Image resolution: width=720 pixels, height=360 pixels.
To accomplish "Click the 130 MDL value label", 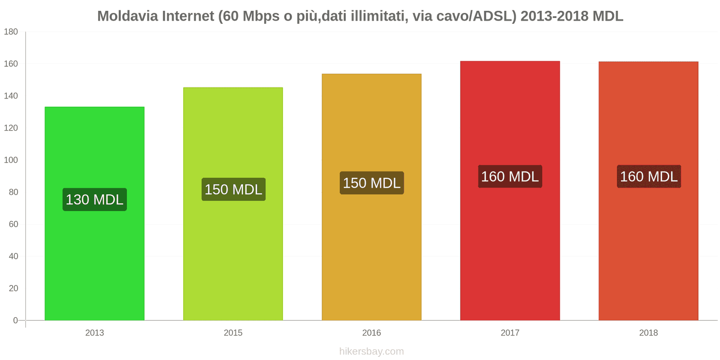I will (x=94, y=199).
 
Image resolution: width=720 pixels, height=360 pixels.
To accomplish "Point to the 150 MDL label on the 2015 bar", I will (x=234, y=189).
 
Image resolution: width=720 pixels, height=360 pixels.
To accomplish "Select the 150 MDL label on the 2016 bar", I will (x=372, y=183).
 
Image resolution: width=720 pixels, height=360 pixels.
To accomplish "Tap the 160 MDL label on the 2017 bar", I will (x=510, y=176).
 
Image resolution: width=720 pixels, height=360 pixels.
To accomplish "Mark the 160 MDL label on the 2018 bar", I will (x=648, y=176).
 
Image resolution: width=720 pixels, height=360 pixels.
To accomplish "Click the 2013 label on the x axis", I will (x=94, y=333).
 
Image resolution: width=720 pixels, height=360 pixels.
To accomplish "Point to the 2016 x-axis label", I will (x=372, y=333).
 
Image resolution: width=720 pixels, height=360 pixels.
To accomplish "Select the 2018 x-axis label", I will (x=648, y=333).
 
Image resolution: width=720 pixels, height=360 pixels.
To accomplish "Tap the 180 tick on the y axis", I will (x=11, y=31).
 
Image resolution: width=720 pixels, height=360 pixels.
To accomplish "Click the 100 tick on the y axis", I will (x=11, y=160).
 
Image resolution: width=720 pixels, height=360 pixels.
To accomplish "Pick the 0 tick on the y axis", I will (x=15, y=320).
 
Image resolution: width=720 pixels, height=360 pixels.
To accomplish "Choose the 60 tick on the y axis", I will (x=13, y=224).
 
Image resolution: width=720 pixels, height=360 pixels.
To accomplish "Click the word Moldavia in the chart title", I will (x=128, y=16).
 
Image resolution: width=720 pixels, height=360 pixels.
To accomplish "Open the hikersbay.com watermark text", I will (x=372, y=351).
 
